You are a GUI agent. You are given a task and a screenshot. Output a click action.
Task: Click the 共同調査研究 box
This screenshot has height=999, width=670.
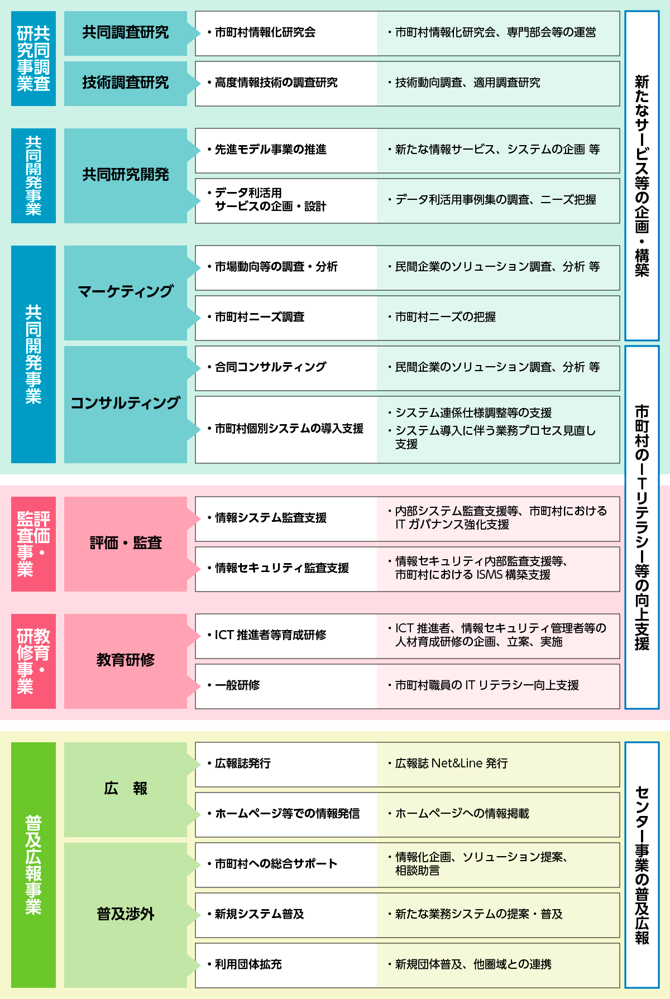pyautogui.click(x=126, y=33)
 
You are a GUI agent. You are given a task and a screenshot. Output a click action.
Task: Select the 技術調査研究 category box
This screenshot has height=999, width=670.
pyautogui.click(x=126, y=84)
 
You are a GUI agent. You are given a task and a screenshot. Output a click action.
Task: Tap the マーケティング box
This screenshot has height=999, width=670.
pyautogui.click(x=126, y=293)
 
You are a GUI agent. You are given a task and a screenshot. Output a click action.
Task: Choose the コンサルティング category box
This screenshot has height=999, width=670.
pyautogui.click(x=126, y=405)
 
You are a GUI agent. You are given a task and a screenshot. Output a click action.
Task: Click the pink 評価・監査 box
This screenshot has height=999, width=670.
pyautogui.click(x=126, y=544)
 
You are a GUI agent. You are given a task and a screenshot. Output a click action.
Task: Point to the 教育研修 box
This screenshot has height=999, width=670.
pyautogui.click(x=126, y=661)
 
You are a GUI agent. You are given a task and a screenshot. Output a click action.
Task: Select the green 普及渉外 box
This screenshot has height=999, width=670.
pyautogui.click(x=126, y=915)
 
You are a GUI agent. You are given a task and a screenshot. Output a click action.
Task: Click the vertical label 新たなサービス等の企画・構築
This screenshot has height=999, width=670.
pyautogui.click(x=642, y=176)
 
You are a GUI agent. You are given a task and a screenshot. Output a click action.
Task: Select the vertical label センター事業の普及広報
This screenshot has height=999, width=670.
pyautogui.click(x=642, y=865)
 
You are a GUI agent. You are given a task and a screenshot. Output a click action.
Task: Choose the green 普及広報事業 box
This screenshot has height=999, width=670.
pyautogui.click(x=33, y=865)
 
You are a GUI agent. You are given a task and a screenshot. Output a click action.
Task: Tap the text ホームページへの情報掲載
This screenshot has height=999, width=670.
pyautogui.click(x=462, y=814)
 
